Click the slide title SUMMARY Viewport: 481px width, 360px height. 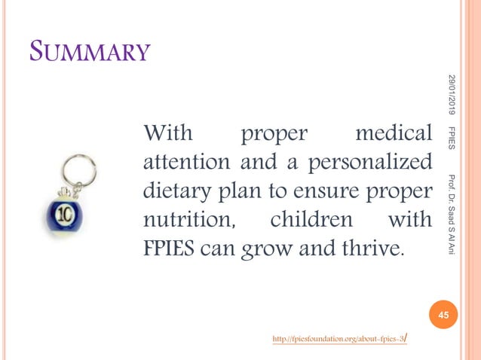(90, 52)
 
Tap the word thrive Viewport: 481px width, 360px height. (371, 249)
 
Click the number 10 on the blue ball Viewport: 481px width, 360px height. (64, 213)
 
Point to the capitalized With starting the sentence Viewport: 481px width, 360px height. (168, 135)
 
